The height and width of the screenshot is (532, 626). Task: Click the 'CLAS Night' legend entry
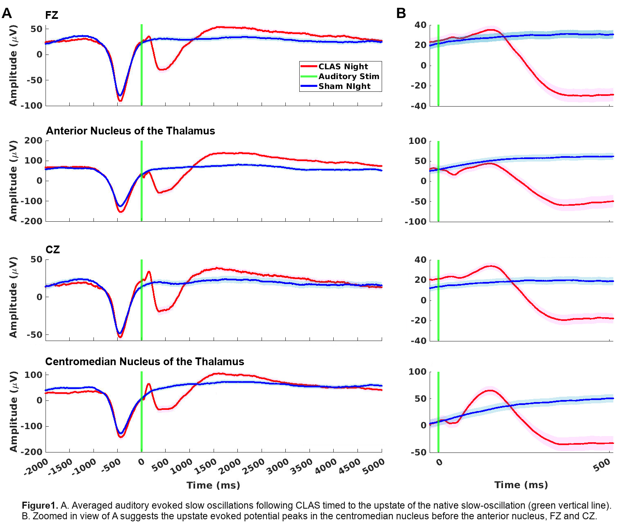tap(343, 66)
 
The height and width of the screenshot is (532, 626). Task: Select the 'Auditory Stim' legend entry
tap(348, 76)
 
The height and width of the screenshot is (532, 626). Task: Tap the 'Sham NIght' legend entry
tap(344, 86)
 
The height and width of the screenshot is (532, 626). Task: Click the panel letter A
tap(7, 14)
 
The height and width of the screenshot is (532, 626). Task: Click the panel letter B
tap(401, 14)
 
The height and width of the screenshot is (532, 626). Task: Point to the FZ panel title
tap(52, 16)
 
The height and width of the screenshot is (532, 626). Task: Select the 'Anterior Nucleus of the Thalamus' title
tap(130, 131)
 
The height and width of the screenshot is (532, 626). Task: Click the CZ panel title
tap(53, 250)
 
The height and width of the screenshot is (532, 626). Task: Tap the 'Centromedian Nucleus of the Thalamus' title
tap(145, 361)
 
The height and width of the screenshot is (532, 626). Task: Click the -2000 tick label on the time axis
tap(36, 468)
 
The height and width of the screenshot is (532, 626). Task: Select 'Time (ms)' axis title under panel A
tap(213, 485)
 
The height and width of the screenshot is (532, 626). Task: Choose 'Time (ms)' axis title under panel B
tap(521, 485)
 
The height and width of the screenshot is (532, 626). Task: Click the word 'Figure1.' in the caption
tap(40, 505)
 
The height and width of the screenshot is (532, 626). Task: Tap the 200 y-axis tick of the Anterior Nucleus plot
tap(34, 141)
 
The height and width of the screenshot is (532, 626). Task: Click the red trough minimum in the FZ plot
tap(120, 100)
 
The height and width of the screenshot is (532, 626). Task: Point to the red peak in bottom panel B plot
tap(490, 390)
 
